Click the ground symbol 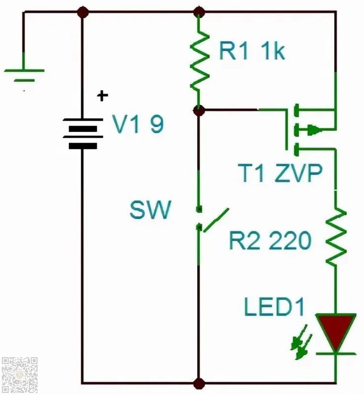coord(24,75)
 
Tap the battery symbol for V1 coord(83,133)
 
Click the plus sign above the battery coord(102,96)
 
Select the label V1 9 coord(138,123)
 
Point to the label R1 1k coord(252,51)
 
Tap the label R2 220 coord(270,240)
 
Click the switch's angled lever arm coord(216,220)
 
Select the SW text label coord(150,210)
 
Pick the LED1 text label coord(274,307)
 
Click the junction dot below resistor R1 coord(199,110)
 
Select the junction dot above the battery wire coord(83,12)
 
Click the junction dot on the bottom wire coord(199,383)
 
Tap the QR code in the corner coord(20,375)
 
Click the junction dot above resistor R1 coord(199,12)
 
